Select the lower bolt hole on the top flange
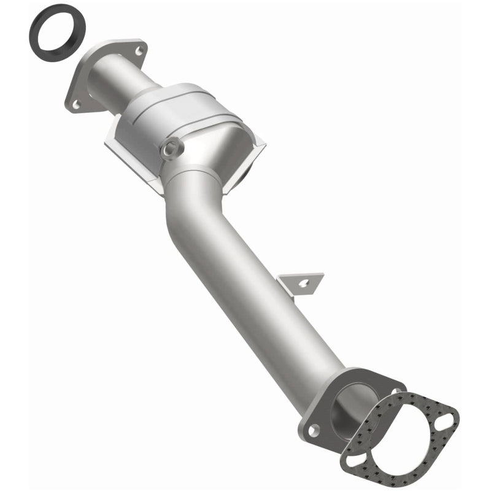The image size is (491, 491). [x=77, y=105]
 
